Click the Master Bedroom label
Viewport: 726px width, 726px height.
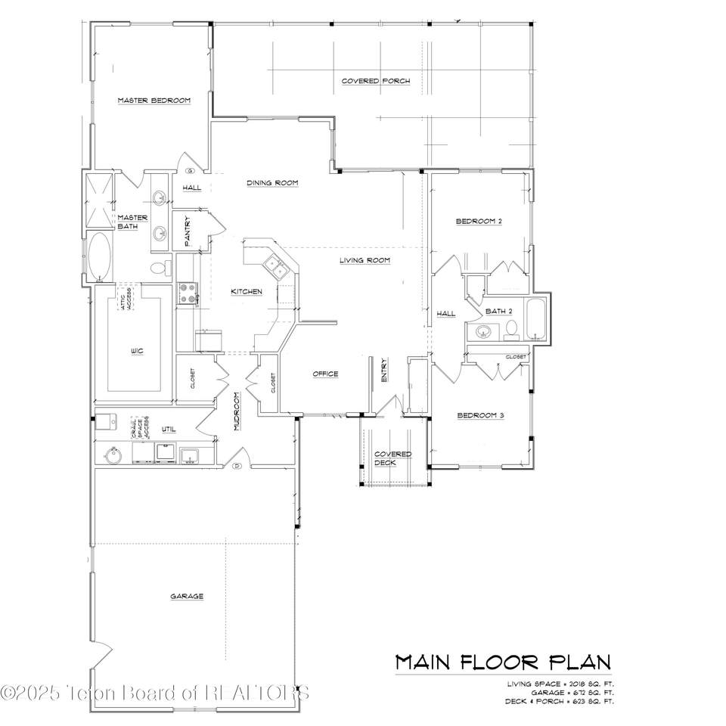click(154, 100)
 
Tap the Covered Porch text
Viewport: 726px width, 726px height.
click(376, 81)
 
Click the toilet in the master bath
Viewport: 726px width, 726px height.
click(160, 268)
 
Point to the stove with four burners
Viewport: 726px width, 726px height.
click(187, 293)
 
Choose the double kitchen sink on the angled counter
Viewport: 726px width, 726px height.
click(274, 267)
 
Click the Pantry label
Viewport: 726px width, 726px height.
click(188, 231)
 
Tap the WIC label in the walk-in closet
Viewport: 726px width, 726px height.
click(137, 351)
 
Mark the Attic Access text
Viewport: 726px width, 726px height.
click(126, 299)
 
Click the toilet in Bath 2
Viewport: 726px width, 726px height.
click(511, 329)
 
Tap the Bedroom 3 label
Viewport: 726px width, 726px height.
click(479, 415)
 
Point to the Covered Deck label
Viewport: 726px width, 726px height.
click(393, 458)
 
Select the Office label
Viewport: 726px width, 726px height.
click(325, 374)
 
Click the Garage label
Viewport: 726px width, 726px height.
click(186, 596)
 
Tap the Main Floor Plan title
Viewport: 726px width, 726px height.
click(503, 662)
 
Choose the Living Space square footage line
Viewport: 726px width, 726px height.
click(560, 683)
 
